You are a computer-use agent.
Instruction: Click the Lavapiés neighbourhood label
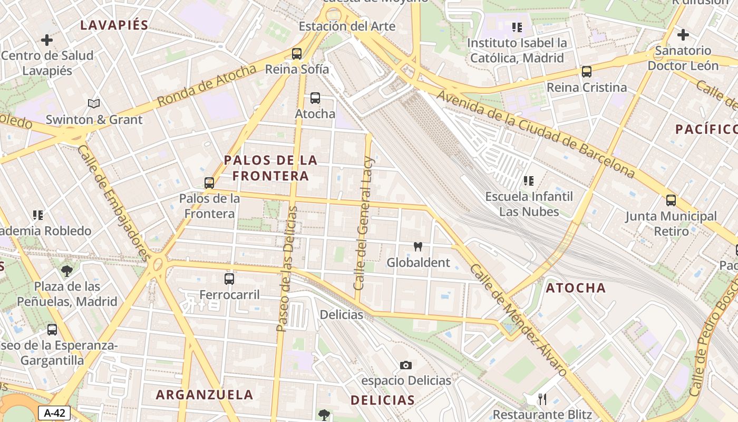114,25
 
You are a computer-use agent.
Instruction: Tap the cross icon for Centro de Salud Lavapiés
47,40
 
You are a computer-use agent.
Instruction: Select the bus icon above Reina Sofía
297,53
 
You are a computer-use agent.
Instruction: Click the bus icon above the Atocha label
315,98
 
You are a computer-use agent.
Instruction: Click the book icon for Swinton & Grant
94,103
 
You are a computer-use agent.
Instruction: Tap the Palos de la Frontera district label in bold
270,168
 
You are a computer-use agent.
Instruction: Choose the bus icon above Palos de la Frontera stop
209,183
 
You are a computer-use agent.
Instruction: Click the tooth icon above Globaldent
418,246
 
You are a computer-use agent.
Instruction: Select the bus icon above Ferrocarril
229,279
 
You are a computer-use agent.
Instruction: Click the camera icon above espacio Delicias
405,365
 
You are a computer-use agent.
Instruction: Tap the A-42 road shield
54,413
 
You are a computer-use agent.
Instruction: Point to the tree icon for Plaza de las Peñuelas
67,271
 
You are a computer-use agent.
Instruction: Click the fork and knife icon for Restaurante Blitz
542,399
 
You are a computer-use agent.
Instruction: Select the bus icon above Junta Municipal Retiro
671,200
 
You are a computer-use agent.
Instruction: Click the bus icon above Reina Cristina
586,72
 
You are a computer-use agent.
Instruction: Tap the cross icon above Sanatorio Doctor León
683,35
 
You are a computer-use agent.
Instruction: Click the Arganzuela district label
205,395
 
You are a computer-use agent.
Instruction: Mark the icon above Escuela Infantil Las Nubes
529,181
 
